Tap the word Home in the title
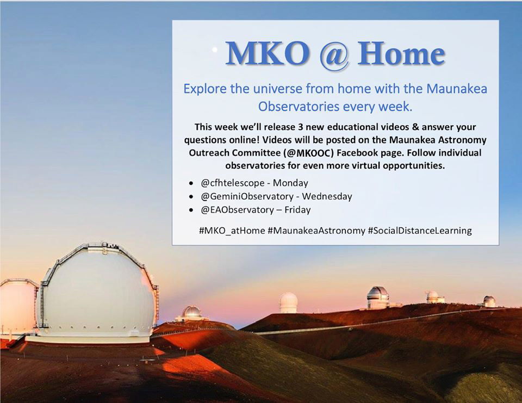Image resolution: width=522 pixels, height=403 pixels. point(401,53)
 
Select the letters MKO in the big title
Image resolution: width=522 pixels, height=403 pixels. point(268,53)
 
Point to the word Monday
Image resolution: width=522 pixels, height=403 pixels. point(290,183)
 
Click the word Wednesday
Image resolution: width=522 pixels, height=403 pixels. point(327,196)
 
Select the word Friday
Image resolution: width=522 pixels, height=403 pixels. point(297,210)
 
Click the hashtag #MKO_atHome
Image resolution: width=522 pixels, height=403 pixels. point(232,231)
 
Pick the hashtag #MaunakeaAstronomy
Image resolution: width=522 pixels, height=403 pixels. point(316,231)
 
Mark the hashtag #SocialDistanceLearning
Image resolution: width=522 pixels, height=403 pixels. point(420,231)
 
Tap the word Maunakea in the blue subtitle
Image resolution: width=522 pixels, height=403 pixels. point(456,89)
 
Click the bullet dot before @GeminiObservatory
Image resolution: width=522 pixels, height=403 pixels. point(191,197)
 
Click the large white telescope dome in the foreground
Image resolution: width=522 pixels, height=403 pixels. point(97,293)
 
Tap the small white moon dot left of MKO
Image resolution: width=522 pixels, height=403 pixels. point(215,49)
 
